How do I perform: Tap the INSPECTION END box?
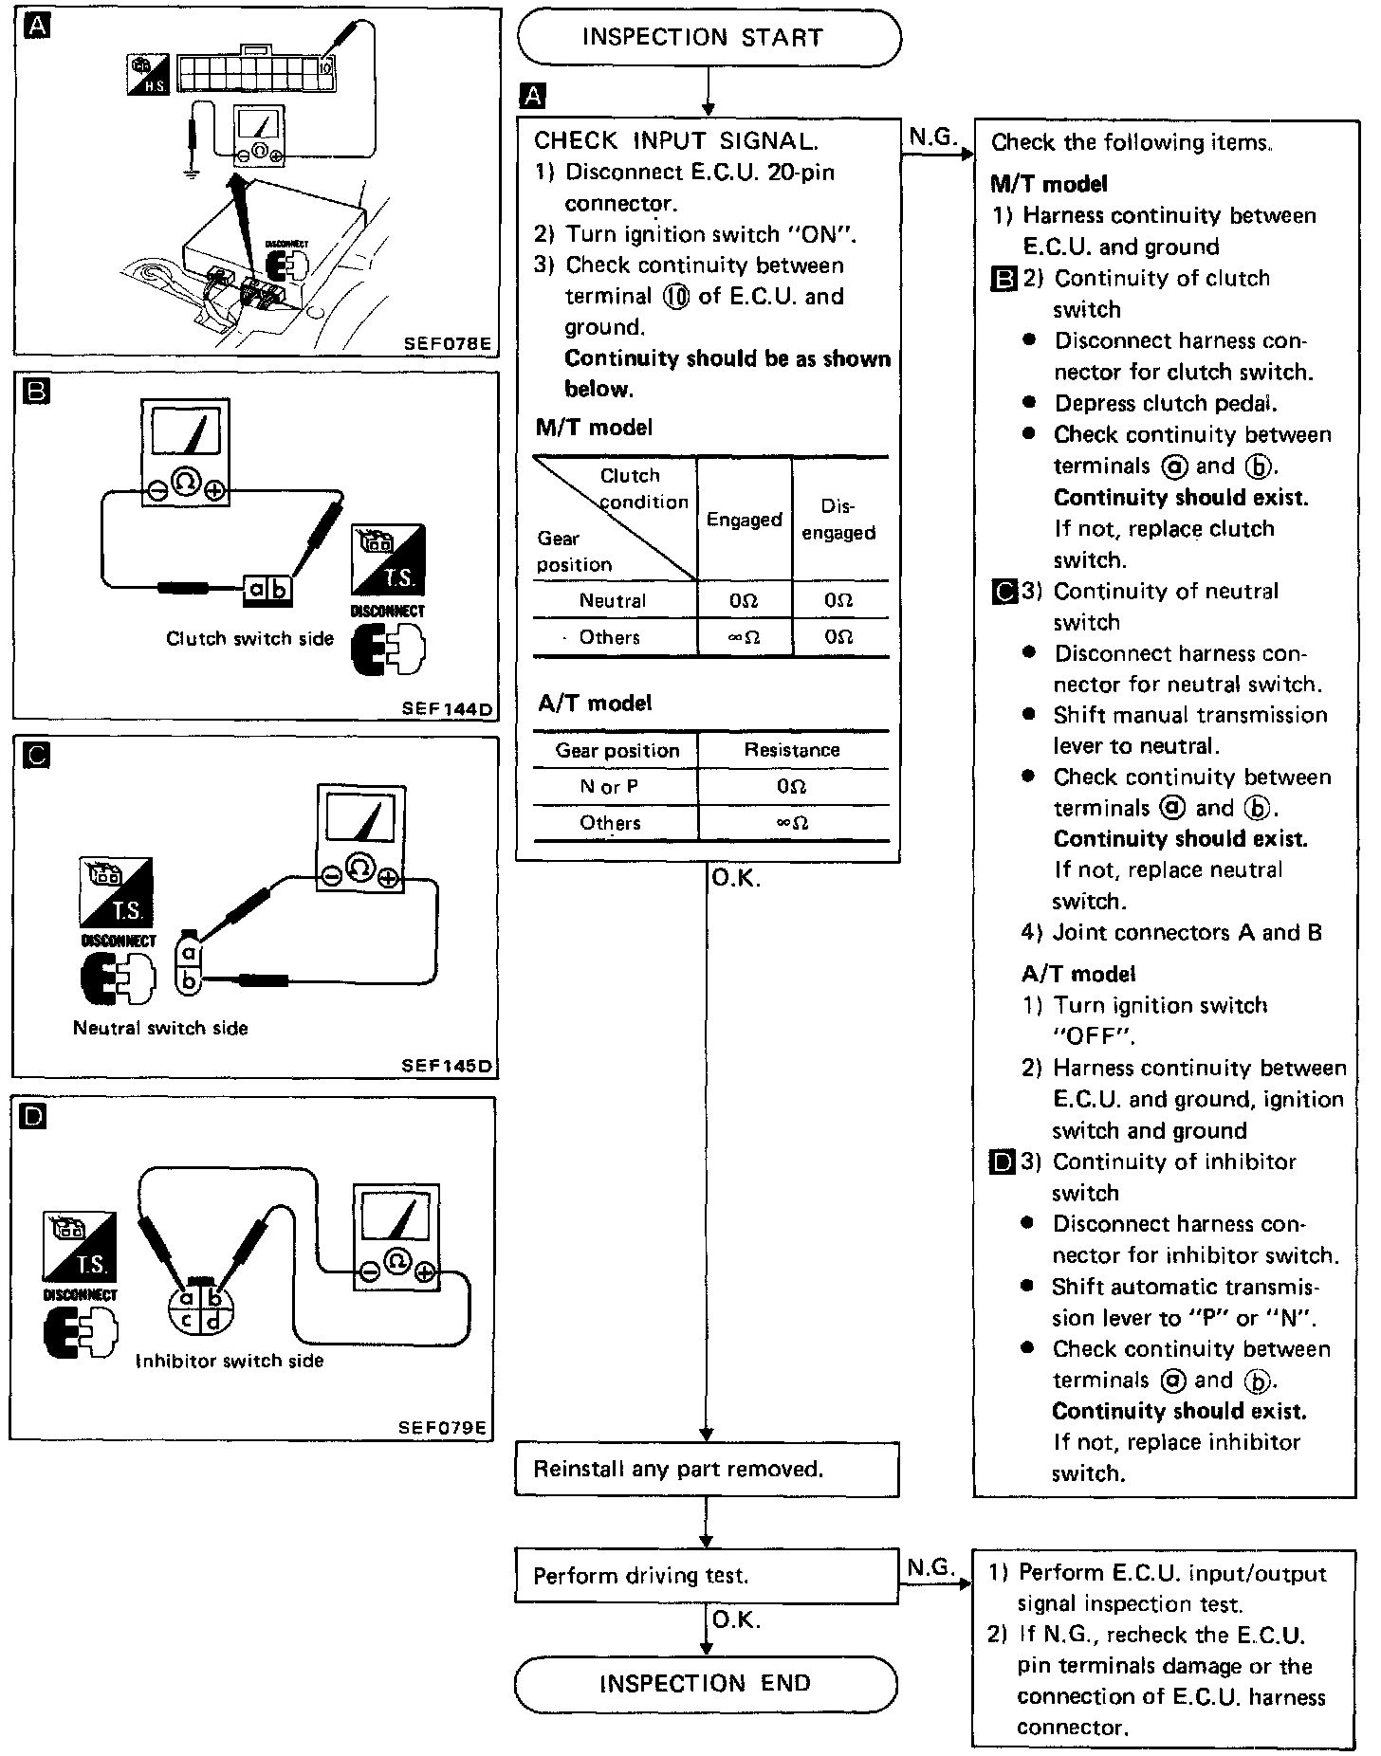[705, 1683]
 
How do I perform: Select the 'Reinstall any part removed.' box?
[706, 1469]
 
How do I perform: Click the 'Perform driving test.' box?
[706, 1575]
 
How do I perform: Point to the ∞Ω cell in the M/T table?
[744, 638]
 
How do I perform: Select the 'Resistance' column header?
[792, 750]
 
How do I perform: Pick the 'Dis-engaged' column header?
[838, 520]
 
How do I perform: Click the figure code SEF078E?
[447, 343]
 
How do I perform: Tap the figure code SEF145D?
[447, 1066]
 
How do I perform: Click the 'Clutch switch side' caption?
[249, 638]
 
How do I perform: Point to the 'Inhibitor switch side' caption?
[230, 1361]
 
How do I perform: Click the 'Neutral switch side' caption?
[160, 1028]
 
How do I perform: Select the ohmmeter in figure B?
[186, 453]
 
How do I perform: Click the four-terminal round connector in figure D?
[200, 1308]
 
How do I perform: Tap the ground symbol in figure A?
[193, 175]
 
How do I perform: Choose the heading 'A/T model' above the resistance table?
[595, 703]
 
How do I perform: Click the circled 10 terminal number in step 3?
[677, 297]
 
